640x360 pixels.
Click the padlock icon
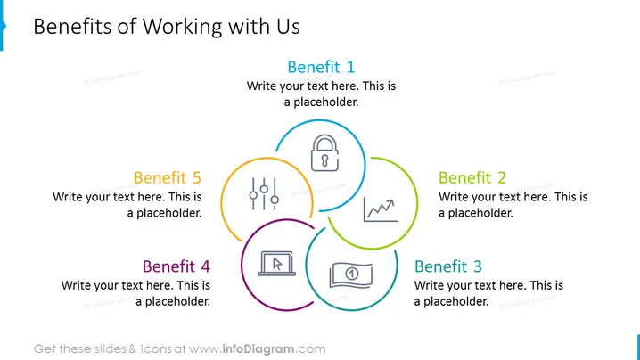tap(324, 153)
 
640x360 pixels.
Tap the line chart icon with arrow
tap(381, 210)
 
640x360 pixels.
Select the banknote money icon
tap(351, 275)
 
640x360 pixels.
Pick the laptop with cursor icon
tap(276, 264)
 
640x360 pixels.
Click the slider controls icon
tap(264, 194)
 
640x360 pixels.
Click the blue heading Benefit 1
tap(321, 67)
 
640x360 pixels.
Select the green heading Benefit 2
tap(472, 177)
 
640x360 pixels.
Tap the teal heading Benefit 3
tap(448, 266)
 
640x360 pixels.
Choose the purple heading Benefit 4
tap(176, 266)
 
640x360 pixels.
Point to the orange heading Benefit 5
tap(168, 177)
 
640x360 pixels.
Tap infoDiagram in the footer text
tap(258, 349)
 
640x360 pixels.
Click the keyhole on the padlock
tap(324, 160)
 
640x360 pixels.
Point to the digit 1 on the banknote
tap(352, 273)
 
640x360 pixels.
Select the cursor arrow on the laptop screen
tap(277, 264)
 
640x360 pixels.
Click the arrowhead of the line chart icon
tap(390, 203)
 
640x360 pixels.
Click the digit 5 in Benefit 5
tap(197, 178)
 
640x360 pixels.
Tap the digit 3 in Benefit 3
tap(478, 266)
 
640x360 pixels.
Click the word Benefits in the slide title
tap(73, 27)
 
